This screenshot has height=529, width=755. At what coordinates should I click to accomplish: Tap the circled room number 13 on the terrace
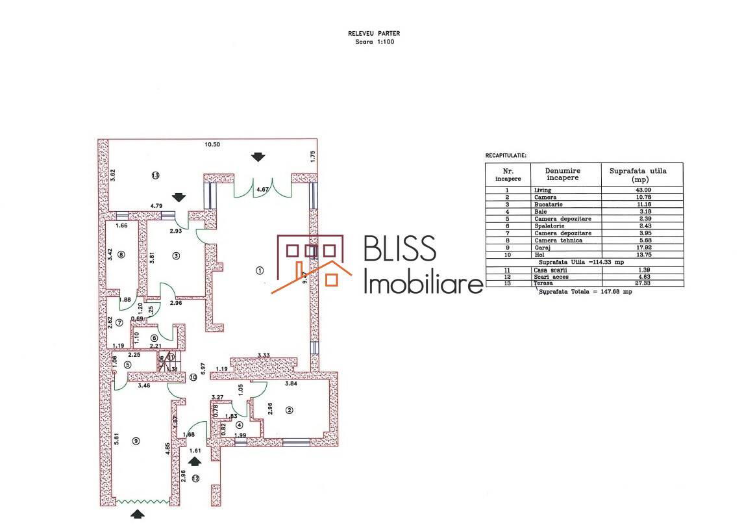155,175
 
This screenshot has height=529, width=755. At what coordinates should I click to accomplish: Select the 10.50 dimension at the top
213,144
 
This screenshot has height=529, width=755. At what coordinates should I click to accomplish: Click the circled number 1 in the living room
260,270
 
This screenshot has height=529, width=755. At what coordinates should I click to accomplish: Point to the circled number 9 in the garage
136,441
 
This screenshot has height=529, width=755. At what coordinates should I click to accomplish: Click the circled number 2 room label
289,410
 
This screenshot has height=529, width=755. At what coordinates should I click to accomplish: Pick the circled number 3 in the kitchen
176,255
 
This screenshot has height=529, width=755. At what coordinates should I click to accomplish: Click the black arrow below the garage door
138,514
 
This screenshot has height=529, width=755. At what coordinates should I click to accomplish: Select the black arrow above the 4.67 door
258,157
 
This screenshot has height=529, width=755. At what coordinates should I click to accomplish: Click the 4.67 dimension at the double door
262,190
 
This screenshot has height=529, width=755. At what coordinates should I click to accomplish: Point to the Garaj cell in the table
541,247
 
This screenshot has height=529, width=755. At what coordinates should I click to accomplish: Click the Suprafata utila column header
641,174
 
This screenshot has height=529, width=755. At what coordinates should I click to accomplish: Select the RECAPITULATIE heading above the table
506,156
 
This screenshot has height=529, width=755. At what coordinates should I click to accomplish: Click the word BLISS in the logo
400,251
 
